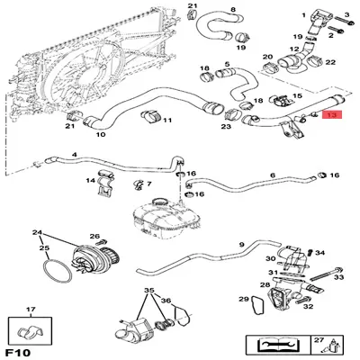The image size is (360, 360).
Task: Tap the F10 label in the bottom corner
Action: point(19,349)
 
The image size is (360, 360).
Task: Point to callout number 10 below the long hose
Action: point(100,135)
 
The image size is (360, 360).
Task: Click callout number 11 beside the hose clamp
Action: point(167,120)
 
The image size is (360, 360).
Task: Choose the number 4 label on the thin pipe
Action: point(75,154)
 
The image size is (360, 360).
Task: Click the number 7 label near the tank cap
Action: point(148,184)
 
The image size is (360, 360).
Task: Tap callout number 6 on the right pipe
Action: point(273,175)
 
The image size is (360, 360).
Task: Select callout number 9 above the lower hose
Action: point(241,244)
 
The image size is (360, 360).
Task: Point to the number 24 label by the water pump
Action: point(37,233)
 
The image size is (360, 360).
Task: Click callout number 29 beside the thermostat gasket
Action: point(242,299)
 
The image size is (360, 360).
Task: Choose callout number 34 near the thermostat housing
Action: point(321,253)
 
